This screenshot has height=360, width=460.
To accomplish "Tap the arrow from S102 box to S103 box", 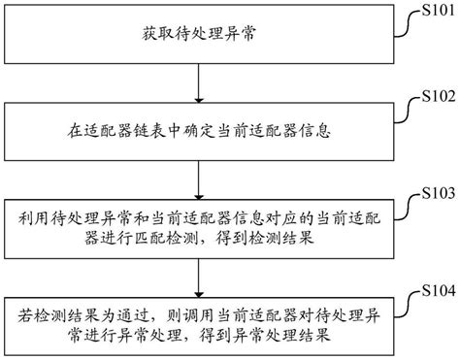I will point(199,173).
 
